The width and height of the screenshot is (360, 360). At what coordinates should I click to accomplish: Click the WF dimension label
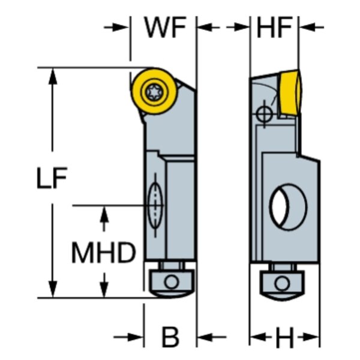click(x=166, y=28)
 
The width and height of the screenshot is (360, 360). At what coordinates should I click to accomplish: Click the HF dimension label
click(x=274, y=28)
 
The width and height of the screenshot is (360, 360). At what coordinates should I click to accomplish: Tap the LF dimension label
click(x=52, y=178)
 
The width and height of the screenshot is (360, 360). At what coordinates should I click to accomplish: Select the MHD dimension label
click(x=104, y=253)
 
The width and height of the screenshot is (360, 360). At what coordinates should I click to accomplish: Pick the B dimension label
click(x=170, y=337)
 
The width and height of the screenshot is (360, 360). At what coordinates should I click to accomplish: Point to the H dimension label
click(x=284, y=337)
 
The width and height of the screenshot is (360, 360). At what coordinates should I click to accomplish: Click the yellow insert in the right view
click(x=290, y=94)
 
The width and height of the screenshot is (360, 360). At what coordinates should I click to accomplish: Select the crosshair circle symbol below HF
click(x=264, y=113)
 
